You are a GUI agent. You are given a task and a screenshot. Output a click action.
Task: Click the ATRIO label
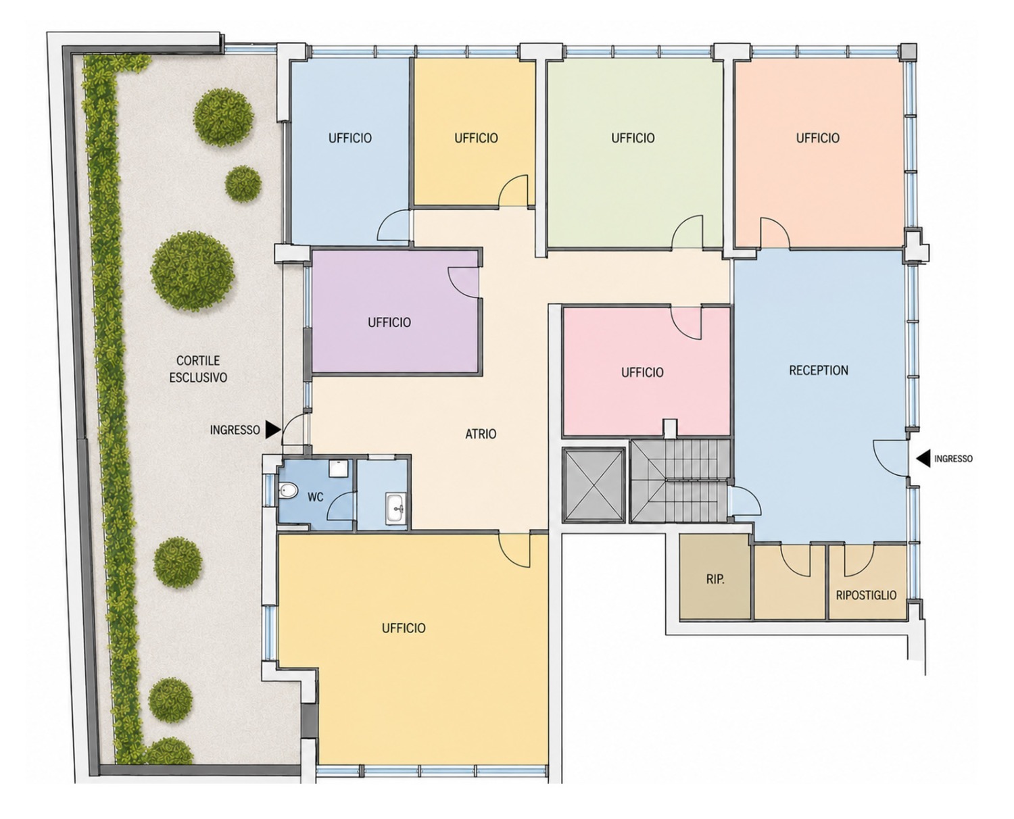coord(481,434)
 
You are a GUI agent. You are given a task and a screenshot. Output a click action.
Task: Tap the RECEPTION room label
coord(819,370)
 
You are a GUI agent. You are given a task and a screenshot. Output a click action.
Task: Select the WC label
coord(315,497)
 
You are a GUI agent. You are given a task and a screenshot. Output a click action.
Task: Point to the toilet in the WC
coord(289,489)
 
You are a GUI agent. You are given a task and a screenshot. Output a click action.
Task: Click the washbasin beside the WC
coord(395,507)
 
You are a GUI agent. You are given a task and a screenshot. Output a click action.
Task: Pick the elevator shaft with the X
coord(593,485)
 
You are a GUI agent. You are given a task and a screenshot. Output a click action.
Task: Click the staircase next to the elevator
coord(680,480)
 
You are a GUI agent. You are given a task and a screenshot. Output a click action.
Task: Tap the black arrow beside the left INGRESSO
coord(273,429)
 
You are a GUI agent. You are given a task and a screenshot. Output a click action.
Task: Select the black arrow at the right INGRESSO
coord(923,458)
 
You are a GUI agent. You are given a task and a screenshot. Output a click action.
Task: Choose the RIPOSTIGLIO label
coord(866,595)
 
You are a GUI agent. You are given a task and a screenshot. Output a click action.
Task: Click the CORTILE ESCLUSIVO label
coord(198,369)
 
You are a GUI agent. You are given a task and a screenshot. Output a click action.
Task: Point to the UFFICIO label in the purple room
coord(389,322)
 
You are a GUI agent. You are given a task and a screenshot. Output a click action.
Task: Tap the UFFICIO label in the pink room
coord(642,372)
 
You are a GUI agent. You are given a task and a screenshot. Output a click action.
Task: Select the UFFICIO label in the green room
coord(633,138)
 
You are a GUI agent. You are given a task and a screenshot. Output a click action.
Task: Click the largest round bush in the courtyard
coord(193,271)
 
